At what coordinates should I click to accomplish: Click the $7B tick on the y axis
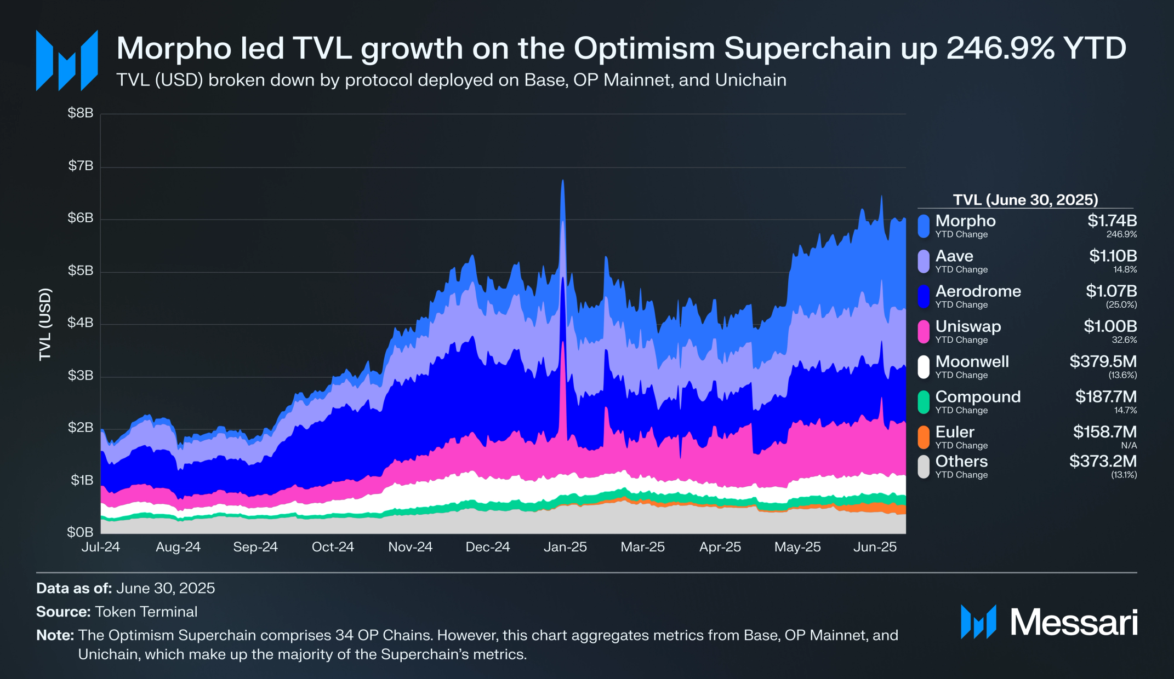click(x=81, y=166)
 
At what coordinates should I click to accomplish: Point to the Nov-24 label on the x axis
click(x=410, y=547)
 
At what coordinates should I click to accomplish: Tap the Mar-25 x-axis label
click(x=642, y=547)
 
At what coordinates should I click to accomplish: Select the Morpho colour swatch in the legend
click(x=924, y=226)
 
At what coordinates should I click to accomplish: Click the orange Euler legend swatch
click(x=924, y=437)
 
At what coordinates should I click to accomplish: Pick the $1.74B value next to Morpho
click(x=1112, y=221)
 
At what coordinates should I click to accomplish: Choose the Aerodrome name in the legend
click(x=978, y=291)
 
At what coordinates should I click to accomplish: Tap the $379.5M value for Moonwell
click(x=1103, y=361)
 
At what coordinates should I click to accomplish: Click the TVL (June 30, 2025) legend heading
click(x=1025, y=200)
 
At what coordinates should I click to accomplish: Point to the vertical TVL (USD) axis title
click(x=45, y=324)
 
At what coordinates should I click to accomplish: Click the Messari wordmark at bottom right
click(x=1073, y=623)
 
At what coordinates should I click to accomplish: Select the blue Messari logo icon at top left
click(x=67, y=61)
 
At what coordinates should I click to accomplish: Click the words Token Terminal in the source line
click(x=146, y=612)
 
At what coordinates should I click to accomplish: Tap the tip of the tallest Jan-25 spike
click(x=562, y=181)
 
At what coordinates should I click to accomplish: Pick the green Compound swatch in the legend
click(x=924, y=402)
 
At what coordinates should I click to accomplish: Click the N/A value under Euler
click(x=1129, y=445)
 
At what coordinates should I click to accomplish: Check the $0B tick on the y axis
click(x=80, y=532)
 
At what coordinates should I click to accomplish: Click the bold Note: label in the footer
click(x=55, y=635)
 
